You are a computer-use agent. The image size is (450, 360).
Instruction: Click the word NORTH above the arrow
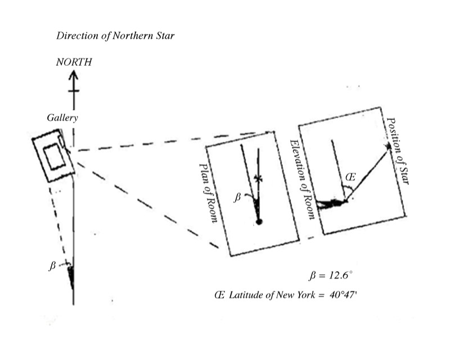click(73, 62)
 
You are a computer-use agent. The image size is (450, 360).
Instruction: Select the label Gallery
click(62, 118)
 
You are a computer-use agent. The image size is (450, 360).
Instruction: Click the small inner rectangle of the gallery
click(54, 156)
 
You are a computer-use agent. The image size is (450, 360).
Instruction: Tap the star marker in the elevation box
click(388, 147)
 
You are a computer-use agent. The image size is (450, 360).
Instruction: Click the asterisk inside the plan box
click(258, 179)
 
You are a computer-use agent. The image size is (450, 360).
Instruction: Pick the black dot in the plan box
click(259, 222)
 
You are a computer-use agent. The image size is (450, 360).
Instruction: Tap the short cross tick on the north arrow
click(73, 91)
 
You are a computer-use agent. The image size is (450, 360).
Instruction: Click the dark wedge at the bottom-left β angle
click(71, 276)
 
